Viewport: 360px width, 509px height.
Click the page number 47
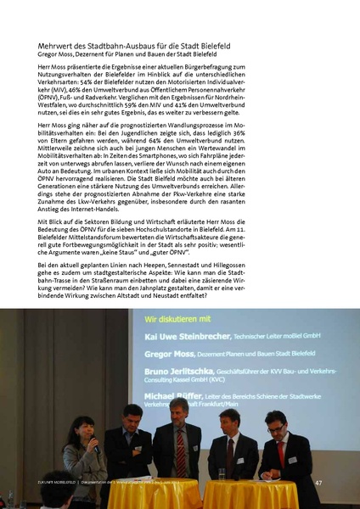(318, 482)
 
